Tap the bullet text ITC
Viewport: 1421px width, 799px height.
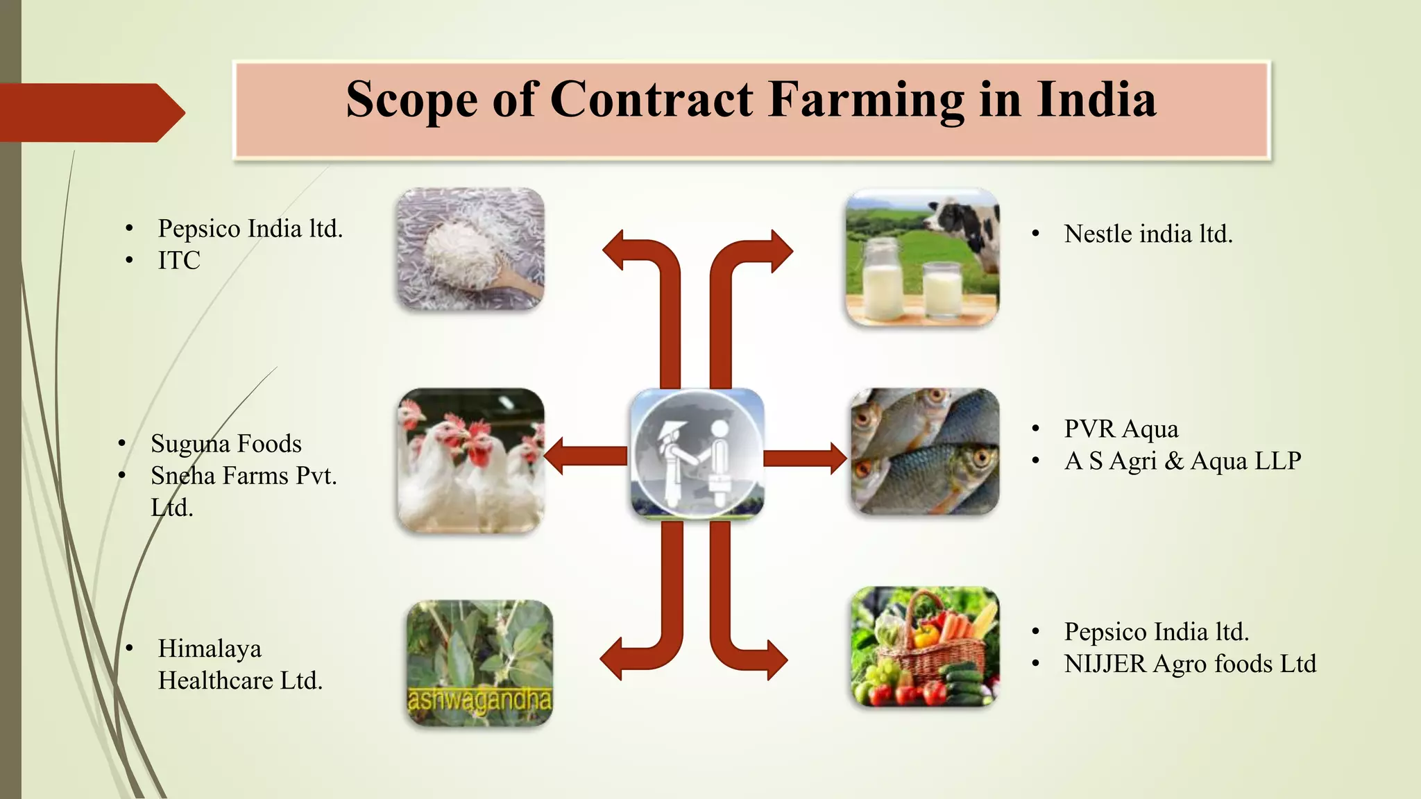[179, 260]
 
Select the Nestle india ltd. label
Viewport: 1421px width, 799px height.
[1148, 234]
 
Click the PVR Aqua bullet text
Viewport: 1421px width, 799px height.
[1121, 429]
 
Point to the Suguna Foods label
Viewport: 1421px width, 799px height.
[226, 443]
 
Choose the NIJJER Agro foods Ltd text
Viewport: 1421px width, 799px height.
[1190, 664]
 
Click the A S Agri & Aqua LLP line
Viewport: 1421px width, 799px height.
[1182, 461]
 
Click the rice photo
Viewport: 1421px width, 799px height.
[470, 248]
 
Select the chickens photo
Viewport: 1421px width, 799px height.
[471, 460]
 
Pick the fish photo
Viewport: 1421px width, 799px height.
[925, 451]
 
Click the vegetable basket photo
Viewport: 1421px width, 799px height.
[925, 646]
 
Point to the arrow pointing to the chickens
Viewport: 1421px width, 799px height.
[586, 456]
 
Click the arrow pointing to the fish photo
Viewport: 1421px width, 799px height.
[805, 458]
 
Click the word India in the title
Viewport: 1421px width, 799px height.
[1096, 99]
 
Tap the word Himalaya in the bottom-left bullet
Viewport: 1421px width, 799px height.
[210, 648]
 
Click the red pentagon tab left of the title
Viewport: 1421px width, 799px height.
[90, 112]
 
